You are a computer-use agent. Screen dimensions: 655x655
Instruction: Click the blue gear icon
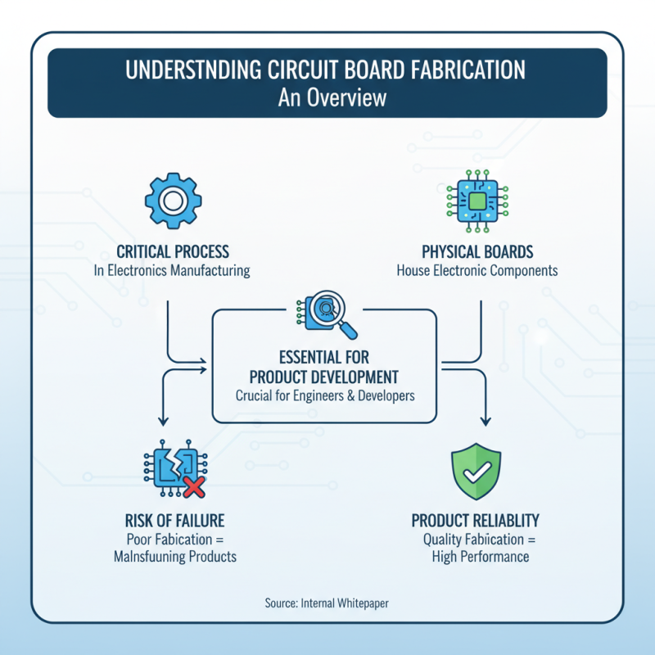(172, 199)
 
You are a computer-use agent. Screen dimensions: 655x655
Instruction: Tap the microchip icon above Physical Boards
(477, 200)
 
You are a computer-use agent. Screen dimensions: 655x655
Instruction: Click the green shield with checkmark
(476, 472)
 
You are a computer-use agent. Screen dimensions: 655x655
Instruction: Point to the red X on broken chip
(194, 488)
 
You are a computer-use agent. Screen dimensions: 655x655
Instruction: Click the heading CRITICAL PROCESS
(172, 251)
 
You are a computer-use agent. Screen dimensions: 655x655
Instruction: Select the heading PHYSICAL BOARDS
(477, 251)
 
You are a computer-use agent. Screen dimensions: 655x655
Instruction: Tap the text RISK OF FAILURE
(175, 521)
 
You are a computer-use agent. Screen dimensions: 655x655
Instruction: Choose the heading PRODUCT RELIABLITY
(475, 521)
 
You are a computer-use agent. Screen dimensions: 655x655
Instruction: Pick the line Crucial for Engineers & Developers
(325, 395)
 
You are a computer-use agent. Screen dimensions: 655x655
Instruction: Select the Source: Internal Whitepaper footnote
(327, 603)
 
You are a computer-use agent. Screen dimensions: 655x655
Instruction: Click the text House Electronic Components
(477, 270)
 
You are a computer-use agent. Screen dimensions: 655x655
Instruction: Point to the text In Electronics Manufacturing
(172, 270)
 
